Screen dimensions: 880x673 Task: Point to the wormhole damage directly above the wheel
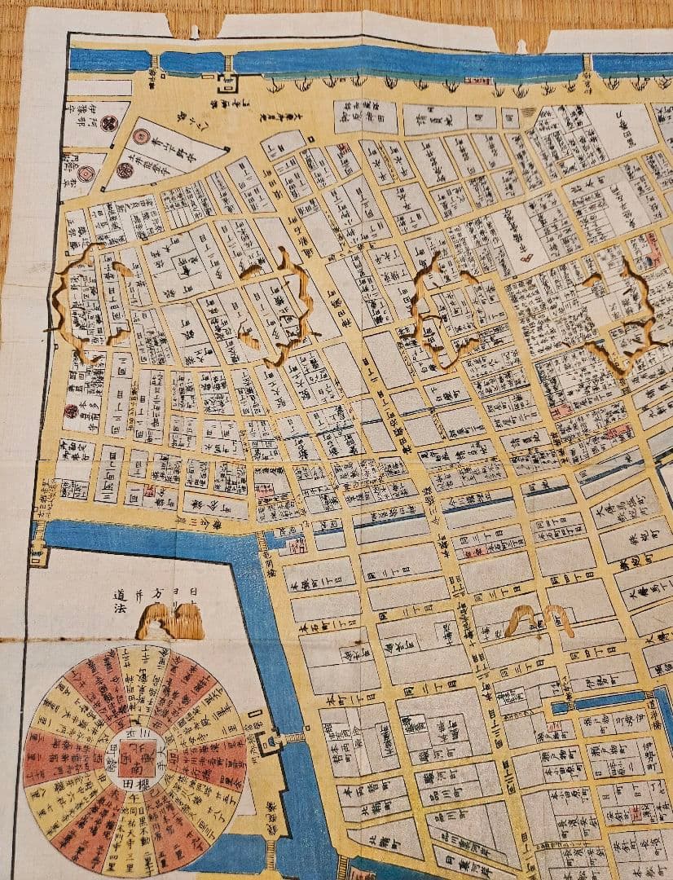[169, 621]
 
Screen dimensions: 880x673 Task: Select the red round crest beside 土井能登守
[124, 170]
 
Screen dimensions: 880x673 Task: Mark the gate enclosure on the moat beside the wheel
[266, 740]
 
